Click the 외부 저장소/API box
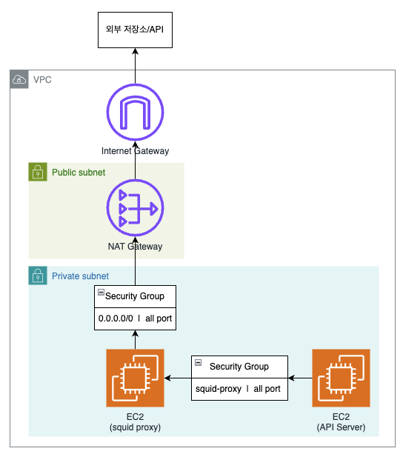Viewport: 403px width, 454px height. coord(135,30)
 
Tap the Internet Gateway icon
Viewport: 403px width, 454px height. coord(136,112)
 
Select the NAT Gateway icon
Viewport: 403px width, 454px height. coord(136,208)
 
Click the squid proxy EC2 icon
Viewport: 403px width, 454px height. coord(136,378)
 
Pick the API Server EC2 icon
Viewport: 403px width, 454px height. coord(341,378)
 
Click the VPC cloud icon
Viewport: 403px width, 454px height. coord(19,79)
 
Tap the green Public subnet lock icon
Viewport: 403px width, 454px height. coord(38,172)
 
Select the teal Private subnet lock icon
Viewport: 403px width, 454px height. coord(38,276)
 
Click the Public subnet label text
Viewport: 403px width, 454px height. coord(79,173)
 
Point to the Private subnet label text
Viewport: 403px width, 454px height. coord(80,276)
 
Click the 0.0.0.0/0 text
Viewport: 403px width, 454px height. coord(116,318)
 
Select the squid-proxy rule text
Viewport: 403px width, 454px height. coord(219,389)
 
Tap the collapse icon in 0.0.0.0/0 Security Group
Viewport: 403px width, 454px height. coord(101,292)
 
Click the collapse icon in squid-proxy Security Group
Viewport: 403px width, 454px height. coord(198,362)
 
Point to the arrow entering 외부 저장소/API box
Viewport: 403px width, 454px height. coord(136,66)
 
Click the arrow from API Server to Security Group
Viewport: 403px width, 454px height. coord(300,378)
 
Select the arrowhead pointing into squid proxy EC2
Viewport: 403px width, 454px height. coord(167,378)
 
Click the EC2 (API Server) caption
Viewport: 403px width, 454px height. coord(341,422)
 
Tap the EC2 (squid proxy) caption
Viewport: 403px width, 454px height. coord(136,422)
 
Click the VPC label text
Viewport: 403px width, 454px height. coord(42,80)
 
